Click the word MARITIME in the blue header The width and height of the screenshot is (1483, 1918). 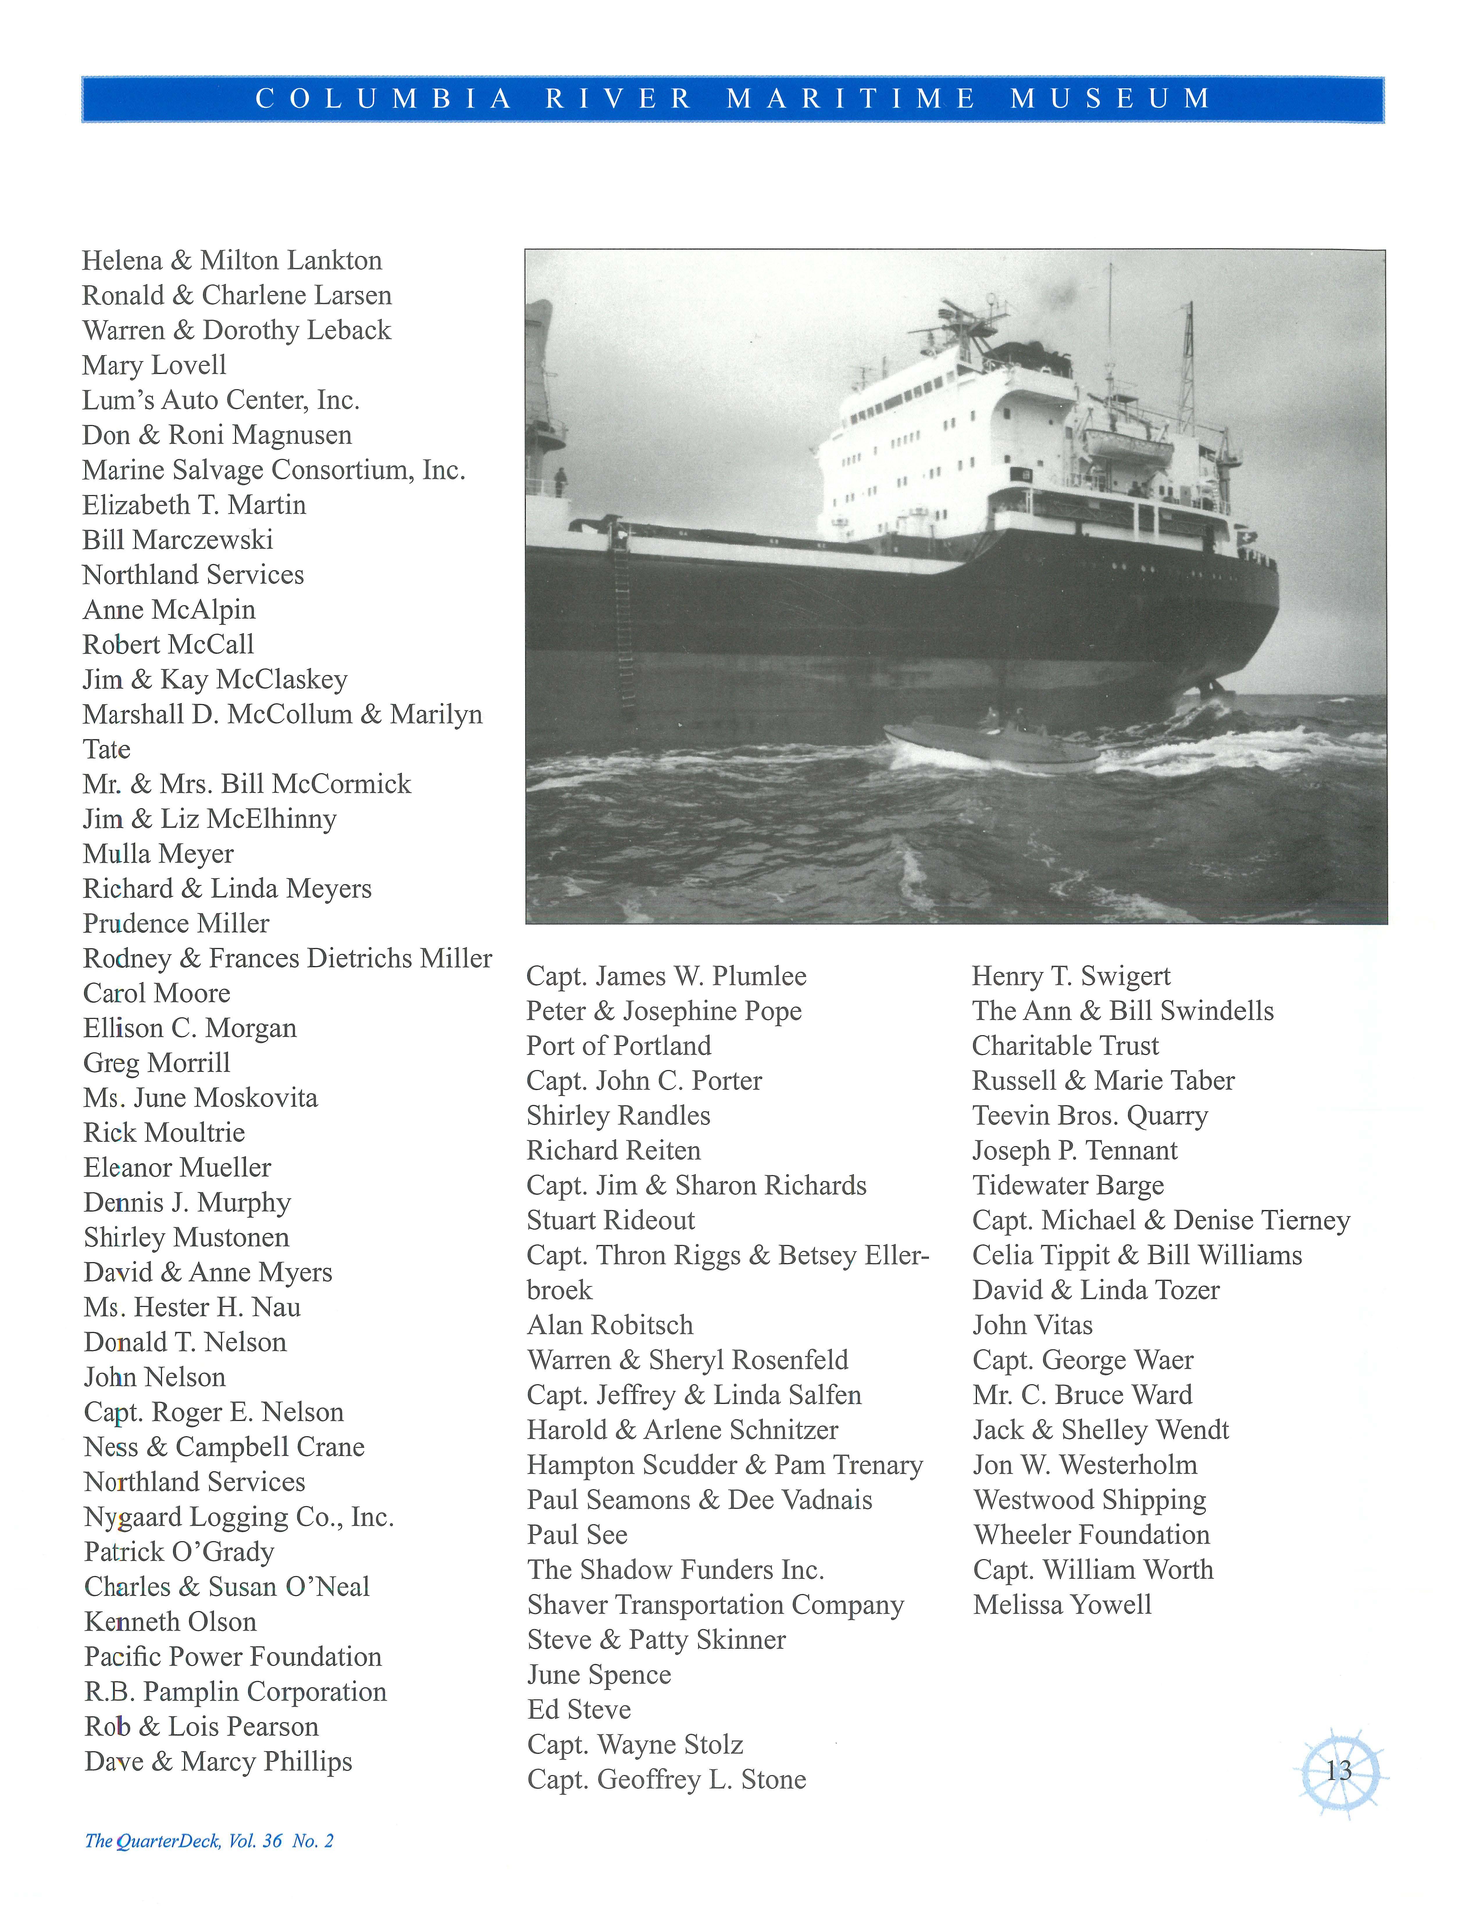tap(851, 98)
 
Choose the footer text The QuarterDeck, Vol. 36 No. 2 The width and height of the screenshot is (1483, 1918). tap(209, 1841)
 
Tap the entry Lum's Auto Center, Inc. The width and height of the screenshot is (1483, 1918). tap(220, 400)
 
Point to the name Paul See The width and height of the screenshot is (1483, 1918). tap(577, 1535)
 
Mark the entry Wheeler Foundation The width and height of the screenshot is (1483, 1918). tap(1091, 1535)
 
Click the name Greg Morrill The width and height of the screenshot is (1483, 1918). tap(156, 1063)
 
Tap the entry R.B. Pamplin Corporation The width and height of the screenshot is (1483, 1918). tap(236, 1691)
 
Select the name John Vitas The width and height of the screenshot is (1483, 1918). tap(1032, 1325)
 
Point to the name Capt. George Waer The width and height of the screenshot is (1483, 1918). tap(1082, 1360)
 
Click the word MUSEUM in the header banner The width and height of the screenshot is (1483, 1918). tap(1111, 98)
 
